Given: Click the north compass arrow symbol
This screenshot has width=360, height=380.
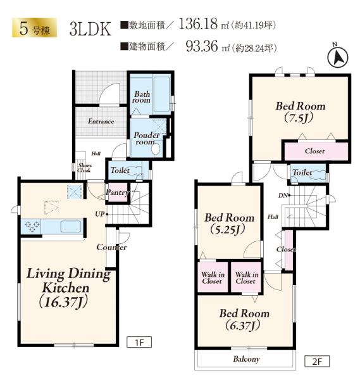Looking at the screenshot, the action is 337,58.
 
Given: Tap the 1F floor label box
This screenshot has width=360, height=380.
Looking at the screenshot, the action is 139,342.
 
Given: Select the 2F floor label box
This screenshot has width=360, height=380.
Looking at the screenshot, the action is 317,362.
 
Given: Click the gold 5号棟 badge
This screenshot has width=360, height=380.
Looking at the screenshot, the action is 34,28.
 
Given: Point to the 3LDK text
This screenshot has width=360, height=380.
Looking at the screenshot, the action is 90,29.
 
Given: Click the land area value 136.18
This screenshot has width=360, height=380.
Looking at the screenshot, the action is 198,24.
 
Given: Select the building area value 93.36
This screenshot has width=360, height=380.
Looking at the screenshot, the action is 202,46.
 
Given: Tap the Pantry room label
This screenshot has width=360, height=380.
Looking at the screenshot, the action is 117,193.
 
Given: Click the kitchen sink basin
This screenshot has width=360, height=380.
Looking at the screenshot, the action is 71,226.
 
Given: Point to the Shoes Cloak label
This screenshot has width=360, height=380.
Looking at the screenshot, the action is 84,168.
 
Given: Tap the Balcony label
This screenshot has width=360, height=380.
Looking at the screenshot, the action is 246,359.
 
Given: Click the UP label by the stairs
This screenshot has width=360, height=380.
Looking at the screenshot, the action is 100,214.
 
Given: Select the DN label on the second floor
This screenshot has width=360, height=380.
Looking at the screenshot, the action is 283,195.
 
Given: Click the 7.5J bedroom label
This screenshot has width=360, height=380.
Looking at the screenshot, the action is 300,111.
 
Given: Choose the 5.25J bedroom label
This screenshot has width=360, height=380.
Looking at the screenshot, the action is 229,224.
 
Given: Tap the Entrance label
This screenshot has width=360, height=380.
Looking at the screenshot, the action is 101,121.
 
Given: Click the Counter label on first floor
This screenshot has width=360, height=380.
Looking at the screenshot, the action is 111,247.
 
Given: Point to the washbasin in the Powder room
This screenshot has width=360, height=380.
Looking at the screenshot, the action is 156,149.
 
